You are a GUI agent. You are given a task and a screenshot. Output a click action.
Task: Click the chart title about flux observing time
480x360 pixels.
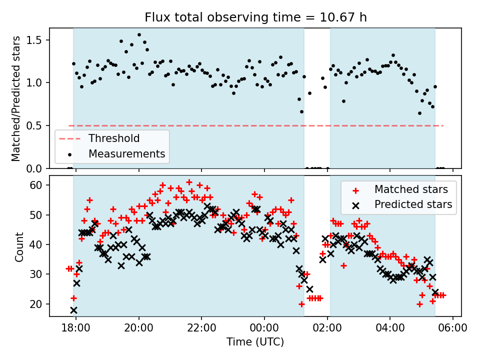coord(255,17)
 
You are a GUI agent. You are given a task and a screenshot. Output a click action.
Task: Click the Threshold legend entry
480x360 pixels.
coord(114,138)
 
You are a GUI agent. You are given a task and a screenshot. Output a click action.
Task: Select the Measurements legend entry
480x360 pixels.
coord(126,153)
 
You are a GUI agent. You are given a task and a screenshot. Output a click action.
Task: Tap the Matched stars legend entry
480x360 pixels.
coord(411,189)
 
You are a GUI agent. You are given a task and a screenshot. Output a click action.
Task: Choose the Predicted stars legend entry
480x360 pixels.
coord(413,204)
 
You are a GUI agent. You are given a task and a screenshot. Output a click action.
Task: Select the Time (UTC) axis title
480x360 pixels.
coord(255,342)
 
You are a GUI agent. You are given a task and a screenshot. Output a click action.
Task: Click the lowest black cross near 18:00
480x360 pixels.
coord(74,310)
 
